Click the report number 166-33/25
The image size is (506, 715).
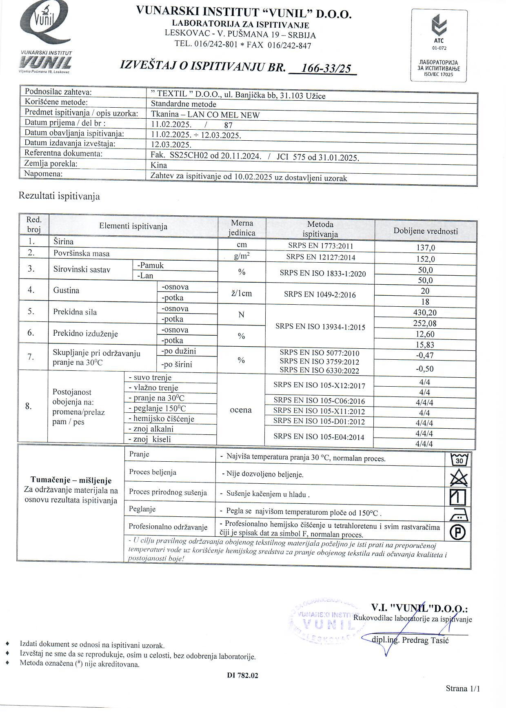(325, 68)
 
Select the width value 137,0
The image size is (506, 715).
(425, 248)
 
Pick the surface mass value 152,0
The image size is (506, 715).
(425, 259)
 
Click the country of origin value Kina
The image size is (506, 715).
(159, 165)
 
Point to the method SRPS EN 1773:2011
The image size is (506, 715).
(320, 246)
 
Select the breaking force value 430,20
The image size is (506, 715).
(425, 313)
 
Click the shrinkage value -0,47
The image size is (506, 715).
(425, 355)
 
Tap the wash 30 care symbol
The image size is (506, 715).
(459, 460)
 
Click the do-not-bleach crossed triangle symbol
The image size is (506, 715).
(459, 478)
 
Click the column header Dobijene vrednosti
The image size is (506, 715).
(426, 231)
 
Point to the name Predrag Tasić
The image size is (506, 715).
(425, 640)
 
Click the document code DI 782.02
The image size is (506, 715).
(242, 675)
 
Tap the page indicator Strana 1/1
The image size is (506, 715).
(463, 688)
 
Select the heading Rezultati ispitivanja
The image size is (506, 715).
(59, 196)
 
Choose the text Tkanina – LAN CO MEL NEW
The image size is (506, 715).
(205, 115)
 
